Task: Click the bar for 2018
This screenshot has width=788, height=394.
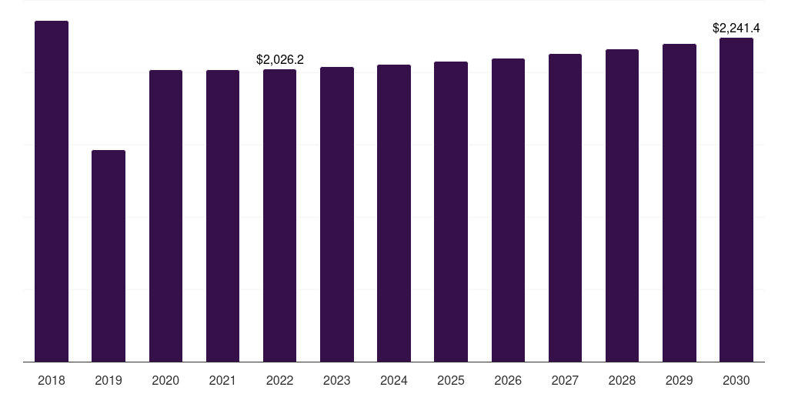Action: (x=52, y=191)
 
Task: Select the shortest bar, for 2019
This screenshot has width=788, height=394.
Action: (x=109, y=255)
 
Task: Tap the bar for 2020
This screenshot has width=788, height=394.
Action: (x=166, y=215)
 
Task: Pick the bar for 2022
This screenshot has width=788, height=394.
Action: (x=280, y=215)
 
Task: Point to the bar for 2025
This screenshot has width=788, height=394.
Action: (x=451, y=212)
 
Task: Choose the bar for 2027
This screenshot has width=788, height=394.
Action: (x=566, y=208)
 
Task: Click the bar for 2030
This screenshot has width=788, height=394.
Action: (x=736, y=199)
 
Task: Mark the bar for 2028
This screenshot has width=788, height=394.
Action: (x=622, y=205)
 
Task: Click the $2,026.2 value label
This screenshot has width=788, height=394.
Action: (x=280, y=60)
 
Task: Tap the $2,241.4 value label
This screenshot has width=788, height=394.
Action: (x=736, y=28)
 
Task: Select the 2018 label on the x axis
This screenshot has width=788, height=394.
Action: (x=52, y=380)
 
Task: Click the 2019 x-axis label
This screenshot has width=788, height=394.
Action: (x=109, y=380)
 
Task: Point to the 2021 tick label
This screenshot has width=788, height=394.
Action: (x=222, y=380)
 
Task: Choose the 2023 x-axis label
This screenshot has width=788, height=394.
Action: (x=337, y=380)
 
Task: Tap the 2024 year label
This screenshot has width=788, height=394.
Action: (x=394, y=380)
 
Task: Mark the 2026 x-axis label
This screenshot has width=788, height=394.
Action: (x=508, y=380)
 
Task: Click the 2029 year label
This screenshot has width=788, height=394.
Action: (x=679, y=380)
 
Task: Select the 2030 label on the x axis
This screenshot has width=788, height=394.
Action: (x=736, y=380)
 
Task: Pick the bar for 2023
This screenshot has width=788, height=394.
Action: (x=337, y=214)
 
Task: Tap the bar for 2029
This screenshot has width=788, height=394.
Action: (x=679, y=202)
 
